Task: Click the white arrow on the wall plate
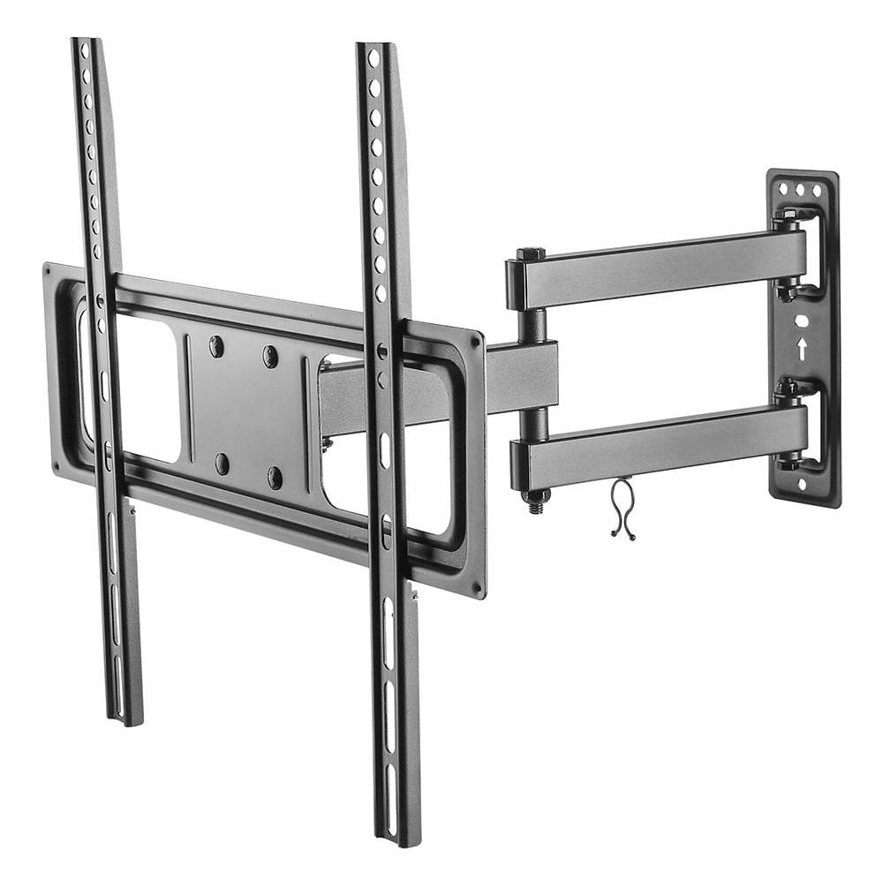pyautogui.click(x=802, y=348)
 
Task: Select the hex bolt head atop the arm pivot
pyautogui.click(x=532, y=254)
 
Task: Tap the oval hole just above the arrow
pyautogui.click(x=801, y=321)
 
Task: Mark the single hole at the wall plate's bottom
pyautogui.click(x=803, y=483)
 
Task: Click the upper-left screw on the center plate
pyautogui.click(x=216, y=347)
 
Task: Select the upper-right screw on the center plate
pyautogui.click(x=270, y=357)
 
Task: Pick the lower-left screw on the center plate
pyautogui.click(x=222, y=463)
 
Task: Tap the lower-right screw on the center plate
pyautogui.click(x=275, y=478)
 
